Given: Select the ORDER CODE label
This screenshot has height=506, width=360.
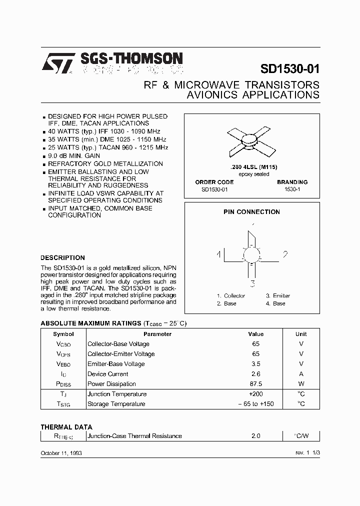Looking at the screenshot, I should coord(214,182).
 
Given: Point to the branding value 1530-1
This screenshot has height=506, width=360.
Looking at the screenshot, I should coord(292,190).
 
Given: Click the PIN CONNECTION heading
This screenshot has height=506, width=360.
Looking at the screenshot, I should coord(251,212).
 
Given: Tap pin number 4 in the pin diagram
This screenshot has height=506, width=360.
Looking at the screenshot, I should coord(219,254).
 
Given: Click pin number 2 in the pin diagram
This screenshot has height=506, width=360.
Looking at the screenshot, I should coord(285,254).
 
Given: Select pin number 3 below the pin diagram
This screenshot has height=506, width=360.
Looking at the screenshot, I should coord(253,284).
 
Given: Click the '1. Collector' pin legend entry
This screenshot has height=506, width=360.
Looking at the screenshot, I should coord(231,296).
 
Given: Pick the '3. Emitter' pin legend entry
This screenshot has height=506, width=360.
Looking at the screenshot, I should coord(278,296).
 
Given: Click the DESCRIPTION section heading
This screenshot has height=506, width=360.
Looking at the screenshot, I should coord(62,258).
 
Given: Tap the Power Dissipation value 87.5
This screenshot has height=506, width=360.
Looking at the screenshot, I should coord(255,384).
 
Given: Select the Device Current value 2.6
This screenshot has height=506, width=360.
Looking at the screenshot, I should coord(255,374).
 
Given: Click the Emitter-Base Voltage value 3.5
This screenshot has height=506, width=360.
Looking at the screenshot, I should coord(255,364).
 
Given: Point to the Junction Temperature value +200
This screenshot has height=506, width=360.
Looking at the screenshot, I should coord(255,394).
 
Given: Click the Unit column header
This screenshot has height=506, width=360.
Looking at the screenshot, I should coord(301,334).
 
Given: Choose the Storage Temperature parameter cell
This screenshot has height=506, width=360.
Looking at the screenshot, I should coord(116,404).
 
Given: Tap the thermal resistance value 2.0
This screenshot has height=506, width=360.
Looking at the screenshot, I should coord(255,436).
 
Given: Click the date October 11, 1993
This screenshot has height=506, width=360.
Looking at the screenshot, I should coord(61,452).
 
